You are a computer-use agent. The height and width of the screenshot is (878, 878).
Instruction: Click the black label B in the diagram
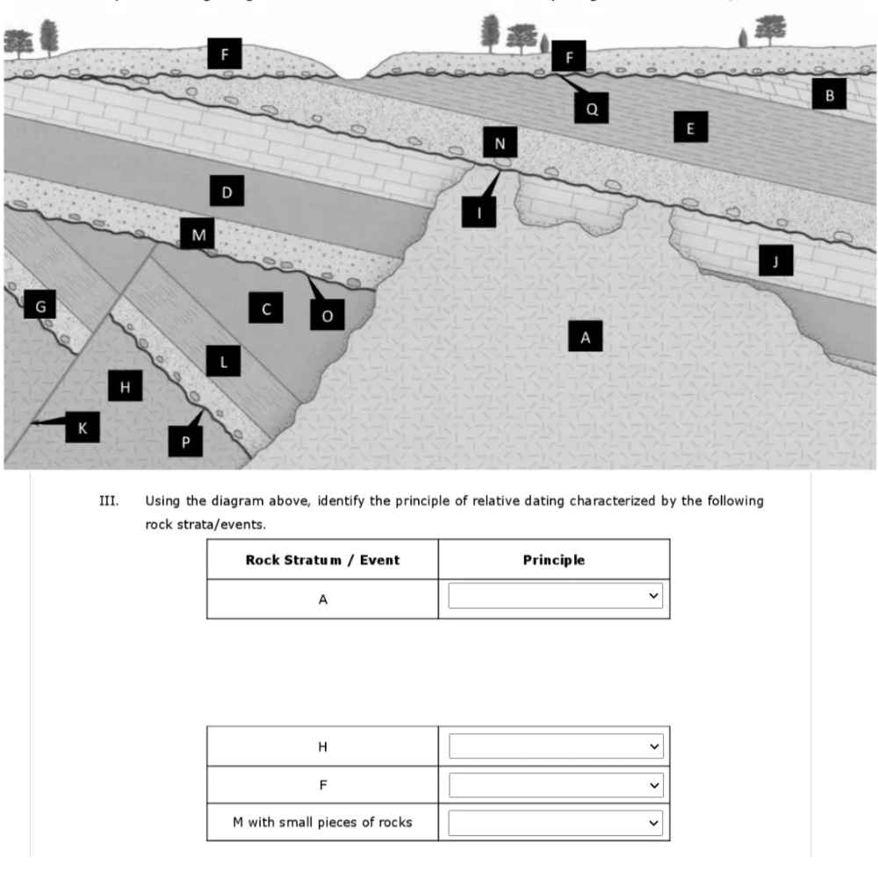point(829,93)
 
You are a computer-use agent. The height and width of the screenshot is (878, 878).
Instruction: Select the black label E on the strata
point(690,129)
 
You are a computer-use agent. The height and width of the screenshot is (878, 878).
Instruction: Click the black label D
point(227,191)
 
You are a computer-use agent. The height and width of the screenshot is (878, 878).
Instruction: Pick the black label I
point(479,212)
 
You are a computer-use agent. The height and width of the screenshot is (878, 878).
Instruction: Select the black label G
point(40,306)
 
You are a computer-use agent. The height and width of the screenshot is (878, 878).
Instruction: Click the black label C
point(265,308)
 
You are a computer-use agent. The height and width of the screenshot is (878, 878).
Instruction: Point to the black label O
point(327,315)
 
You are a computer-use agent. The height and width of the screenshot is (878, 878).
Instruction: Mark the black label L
point(223,360)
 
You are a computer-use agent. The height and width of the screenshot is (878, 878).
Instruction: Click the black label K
point(83,428)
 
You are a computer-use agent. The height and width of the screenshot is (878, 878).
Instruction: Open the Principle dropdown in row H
point(555,746)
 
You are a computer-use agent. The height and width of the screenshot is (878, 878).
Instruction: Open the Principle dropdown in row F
point(555,784)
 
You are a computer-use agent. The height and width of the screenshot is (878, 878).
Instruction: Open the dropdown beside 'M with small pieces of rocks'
point(555,823)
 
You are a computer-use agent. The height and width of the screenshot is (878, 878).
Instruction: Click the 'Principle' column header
point(554,559)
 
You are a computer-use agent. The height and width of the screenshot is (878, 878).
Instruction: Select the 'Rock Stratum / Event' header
point(322,559)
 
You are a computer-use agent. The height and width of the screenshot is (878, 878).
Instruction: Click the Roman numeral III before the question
point(108,501)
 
